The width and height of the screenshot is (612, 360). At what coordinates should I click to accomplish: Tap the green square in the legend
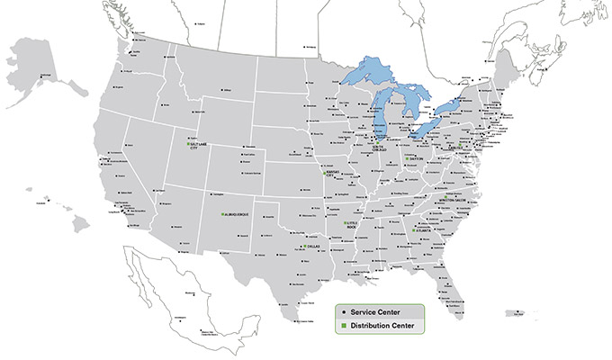(x=343, y=325)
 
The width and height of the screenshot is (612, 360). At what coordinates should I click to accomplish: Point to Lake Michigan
(x=383, y=112)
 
